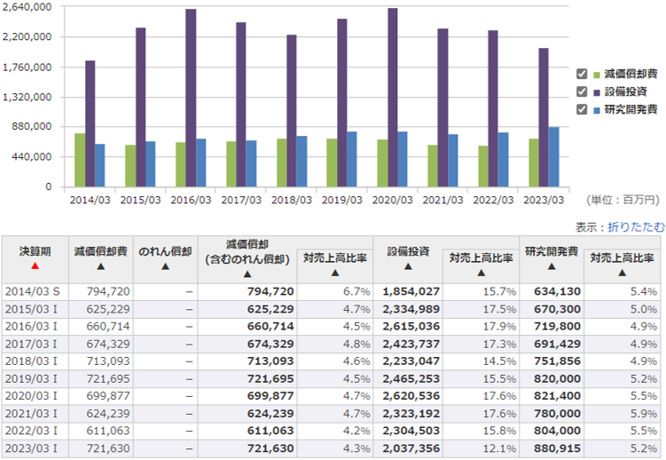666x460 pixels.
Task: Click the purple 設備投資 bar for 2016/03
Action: (x=191, y=98)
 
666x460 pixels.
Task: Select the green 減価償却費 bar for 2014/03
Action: (x=80, y=160)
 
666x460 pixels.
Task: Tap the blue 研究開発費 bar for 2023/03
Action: (x=553, y=157)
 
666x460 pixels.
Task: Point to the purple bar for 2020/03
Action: (x=392, y=98)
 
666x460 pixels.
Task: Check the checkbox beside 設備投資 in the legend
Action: (x=583, y=91)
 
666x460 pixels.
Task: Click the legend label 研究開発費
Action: (x=631, y=109)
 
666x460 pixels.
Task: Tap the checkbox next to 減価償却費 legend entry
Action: (x=583, y=74)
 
